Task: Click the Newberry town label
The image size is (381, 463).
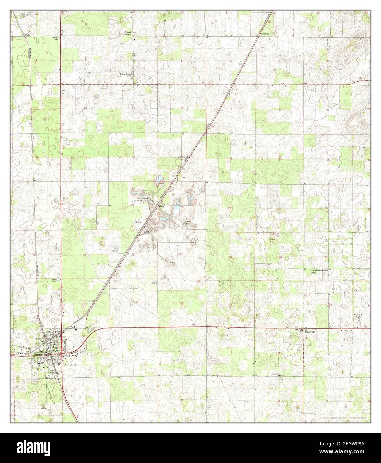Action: coord(71,356)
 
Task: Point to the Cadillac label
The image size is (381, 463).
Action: coord(265,34)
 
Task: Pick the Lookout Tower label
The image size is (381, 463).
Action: coord(55,39)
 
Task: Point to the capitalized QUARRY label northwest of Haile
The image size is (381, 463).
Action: coord(139,201)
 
